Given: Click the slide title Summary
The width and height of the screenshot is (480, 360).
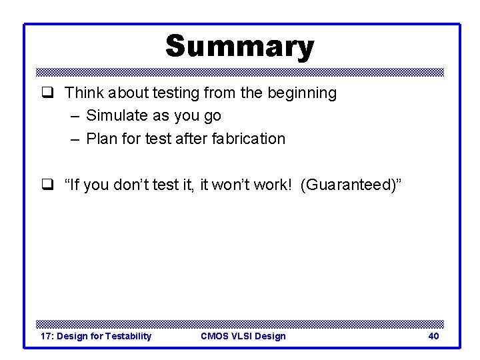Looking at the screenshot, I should [x=239, y=47].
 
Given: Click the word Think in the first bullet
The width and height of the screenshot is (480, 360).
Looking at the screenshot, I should [x=83, y=93].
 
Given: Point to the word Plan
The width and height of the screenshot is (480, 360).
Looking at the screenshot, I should [x=101, y=139].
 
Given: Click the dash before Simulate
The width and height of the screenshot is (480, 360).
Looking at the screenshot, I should [x=73, y=116].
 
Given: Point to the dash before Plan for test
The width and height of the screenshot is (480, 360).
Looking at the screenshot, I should [x=73, y=139].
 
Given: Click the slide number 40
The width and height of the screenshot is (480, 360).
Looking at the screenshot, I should [x=433, y=336].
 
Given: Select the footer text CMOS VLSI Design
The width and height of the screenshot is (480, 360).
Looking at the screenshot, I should [x=243, y=336].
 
